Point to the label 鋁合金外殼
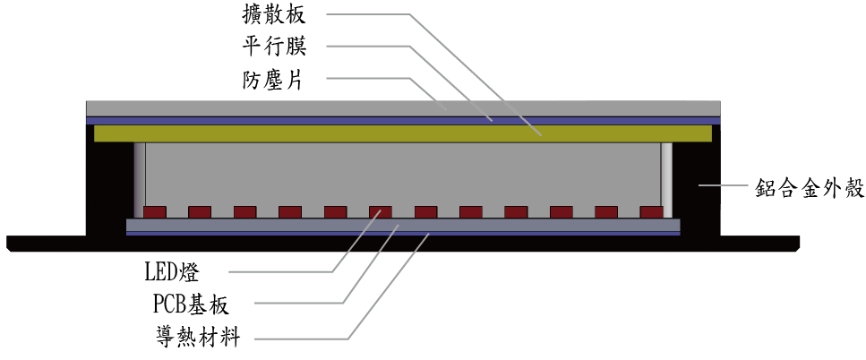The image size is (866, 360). tap(808, 188)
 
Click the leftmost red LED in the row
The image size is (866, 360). tap(155, 212)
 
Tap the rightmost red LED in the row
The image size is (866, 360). tap(652, 212)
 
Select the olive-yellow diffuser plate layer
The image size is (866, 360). tap(403, 133)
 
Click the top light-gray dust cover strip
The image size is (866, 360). tap(403, 107)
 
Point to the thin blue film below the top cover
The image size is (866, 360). tap(403, 120)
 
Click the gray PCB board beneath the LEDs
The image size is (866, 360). tap(403, 225)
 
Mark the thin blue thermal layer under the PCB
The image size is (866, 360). tap(403, 234)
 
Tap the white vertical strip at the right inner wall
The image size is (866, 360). tap(665, 175)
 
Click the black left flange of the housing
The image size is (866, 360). tap(45, 243)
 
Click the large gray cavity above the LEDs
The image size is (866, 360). tap(403, 175)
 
